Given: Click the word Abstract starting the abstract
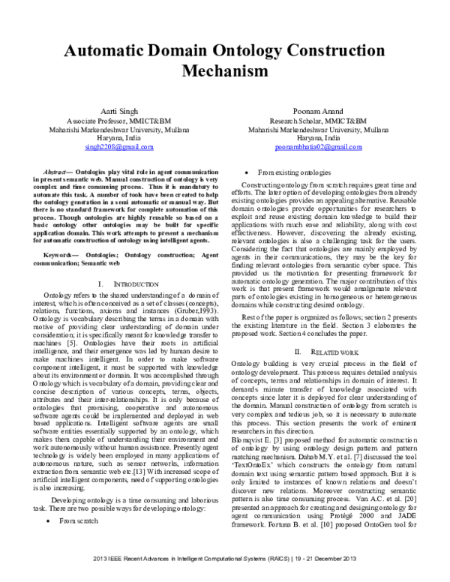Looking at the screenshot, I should pos(58,172).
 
